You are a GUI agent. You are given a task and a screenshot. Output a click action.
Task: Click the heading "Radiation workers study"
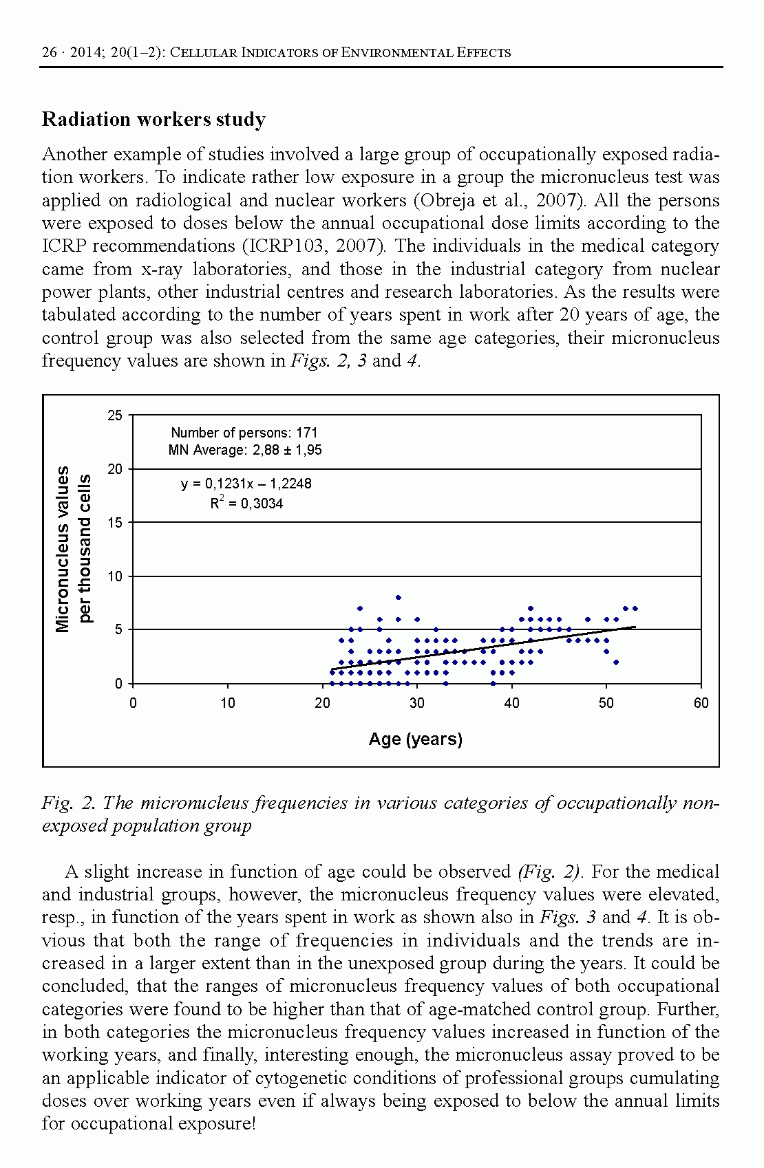pos(153,120)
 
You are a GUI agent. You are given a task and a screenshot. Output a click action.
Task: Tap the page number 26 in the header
pos(49,52)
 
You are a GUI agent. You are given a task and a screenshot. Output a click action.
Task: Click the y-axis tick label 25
pos(115,415)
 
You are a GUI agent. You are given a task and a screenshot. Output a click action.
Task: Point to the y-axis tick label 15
pos(115,523)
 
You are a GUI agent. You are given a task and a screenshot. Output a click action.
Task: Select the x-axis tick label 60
pos(701,703)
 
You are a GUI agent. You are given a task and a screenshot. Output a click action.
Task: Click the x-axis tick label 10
pos(228,703)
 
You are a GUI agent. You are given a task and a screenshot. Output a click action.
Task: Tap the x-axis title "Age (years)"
pos(416,739)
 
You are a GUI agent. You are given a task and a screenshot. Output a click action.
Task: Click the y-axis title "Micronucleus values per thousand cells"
pos(73,549)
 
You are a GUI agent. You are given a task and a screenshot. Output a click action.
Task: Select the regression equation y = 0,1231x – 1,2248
pos(246,484)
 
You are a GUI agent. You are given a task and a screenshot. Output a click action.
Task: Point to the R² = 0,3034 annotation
pos(246,504)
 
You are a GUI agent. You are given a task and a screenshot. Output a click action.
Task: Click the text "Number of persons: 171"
pos(244,433)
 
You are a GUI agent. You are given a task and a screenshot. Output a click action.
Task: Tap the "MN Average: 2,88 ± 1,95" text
pos(245,451)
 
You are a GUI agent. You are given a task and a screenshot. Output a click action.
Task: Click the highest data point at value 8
pos(398,598)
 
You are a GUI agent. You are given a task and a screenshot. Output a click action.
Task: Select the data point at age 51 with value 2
pos(616,662)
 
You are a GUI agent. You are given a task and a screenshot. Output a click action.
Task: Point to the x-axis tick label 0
pos(133,703)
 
